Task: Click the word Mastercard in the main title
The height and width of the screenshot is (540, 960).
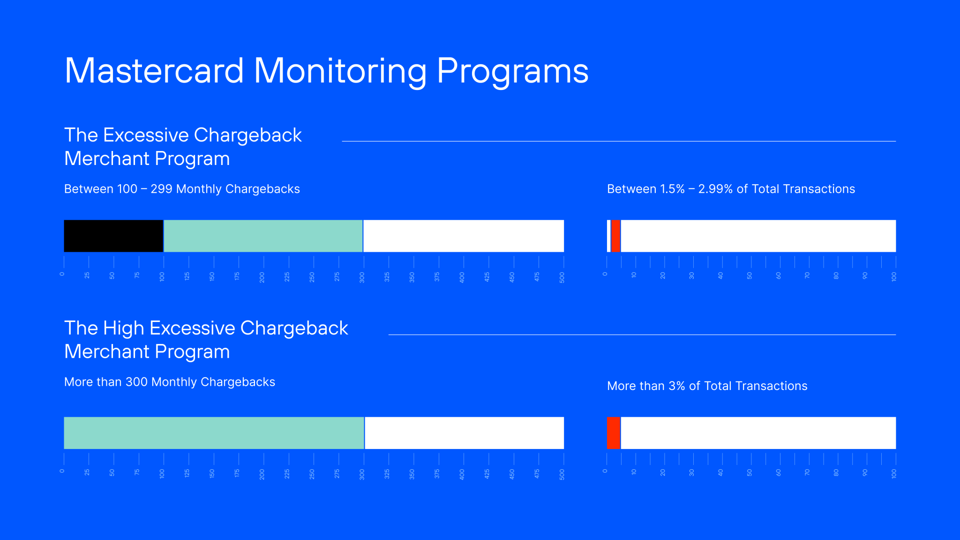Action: point(154,71)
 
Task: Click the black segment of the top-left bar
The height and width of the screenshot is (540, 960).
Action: point(113,236)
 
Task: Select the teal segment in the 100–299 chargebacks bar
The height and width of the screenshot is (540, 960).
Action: point(263,236)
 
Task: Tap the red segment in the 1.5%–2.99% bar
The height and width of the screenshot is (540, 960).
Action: point(616,236)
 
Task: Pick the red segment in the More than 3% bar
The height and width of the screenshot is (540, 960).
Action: point(614,433)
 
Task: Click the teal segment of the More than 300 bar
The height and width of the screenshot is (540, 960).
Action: point(214,433)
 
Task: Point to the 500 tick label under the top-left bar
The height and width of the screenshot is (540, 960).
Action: point(562,277)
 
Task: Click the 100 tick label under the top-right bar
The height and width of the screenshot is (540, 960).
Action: point(894,277)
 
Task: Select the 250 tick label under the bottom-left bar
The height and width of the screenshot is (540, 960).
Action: point(312,474)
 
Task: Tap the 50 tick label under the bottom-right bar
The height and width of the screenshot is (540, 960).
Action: point(750,472)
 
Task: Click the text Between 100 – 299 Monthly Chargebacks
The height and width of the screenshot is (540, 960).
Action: point(182,189)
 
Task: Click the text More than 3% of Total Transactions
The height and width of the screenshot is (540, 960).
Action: point(707,386)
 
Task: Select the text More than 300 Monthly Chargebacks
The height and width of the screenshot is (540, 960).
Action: point(169,382)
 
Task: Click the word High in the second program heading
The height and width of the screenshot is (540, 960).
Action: point(123,328)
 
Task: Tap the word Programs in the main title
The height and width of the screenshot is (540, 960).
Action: point(512,71)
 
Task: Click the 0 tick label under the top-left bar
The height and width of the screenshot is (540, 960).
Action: point(62,274)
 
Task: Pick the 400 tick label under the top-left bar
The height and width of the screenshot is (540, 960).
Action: point(462,277)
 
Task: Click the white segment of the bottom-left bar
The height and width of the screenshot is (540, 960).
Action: point(464,433)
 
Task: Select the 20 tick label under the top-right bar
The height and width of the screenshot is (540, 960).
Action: point(663,276)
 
